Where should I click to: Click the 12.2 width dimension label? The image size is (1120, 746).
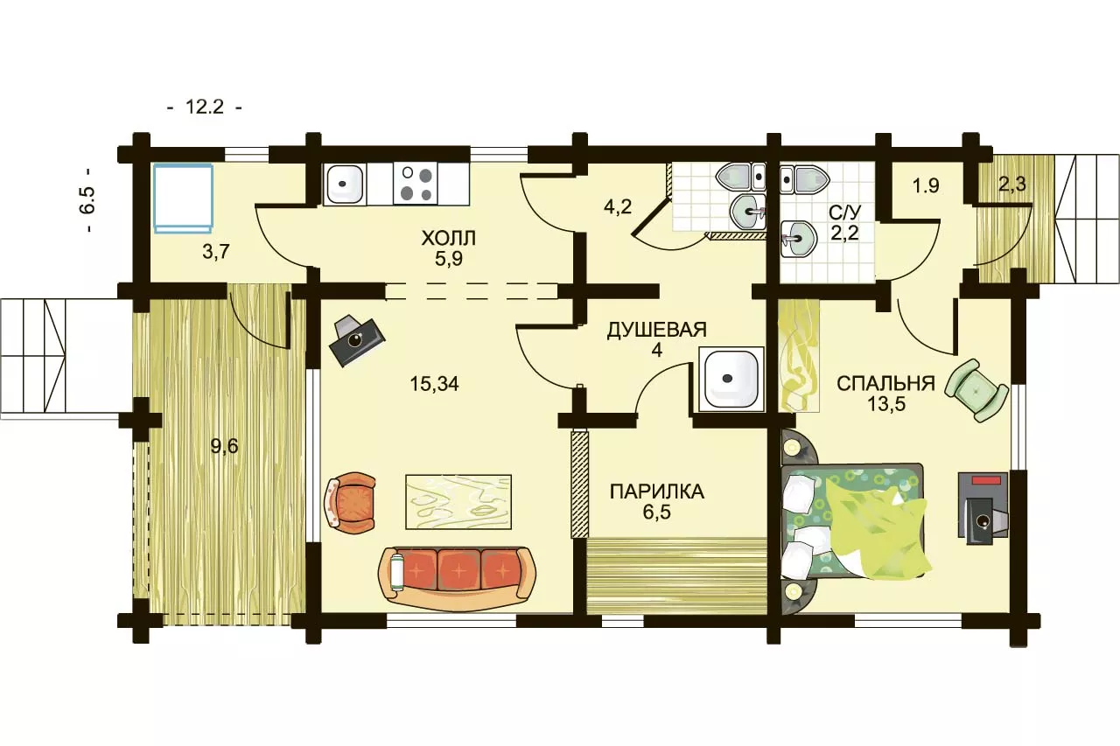pyautogui.click(x=205, y=107)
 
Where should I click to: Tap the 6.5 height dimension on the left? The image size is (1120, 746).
pyautogui.click(x=87, y=200)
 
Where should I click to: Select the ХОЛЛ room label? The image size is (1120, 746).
pyautogui.click(x=448, y=239)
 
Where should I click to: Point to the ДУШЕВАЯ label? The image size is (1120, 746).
pyautogui.click(x=656, y=330)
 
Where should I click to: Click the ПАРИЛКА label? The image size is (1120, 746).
pyautogui.click(x=656, y=492)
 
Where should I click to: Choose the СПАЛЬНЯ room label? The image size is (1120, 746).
pyautogui.click(x=885, y=384)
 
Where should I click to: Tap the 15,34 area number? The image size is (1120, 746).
pyautogui.click(x=434, y=384)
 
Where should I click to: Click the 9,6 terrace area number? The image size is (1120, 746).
pyautogui.click(x=224, y=446)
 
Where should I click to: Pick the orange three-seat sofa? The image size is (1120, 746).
pyautogui.click(x=457, y=579)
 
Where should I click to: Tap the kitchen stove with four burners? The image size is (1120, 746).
pyautogui.click(x=416, y=184)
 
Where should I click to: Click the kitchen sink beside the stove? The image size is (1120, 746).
pyautogui.click(x=343, y=184)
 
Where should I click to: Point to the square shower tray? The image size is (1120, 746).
pyautogui.click(x=731, y=380)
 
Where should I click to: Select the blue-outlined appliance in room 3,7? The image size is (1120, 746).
pyautogui.click(x=184, y=199)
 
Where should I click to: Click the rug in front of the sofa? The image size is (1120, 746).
pyautogui.click(x=458, y=502)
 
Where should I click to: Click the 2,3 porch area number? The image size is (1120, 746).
pyautogui.click(x=1012, y=184)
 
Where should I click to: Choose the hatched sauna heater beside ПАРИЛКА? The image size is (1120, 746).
pyautogui.click(x=580, y=485)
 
